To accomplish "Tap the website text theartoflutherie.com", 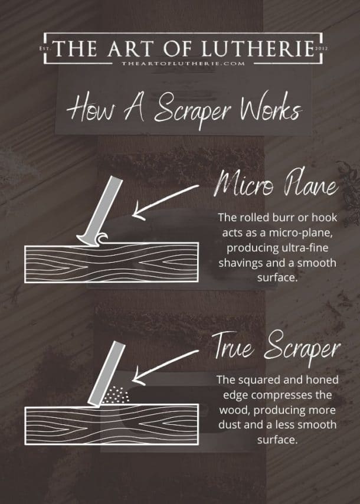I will [179, 62].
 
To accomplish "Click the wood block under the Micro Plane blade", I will [110, 264].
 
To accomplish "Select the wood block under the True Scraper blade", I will [110, 423].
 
